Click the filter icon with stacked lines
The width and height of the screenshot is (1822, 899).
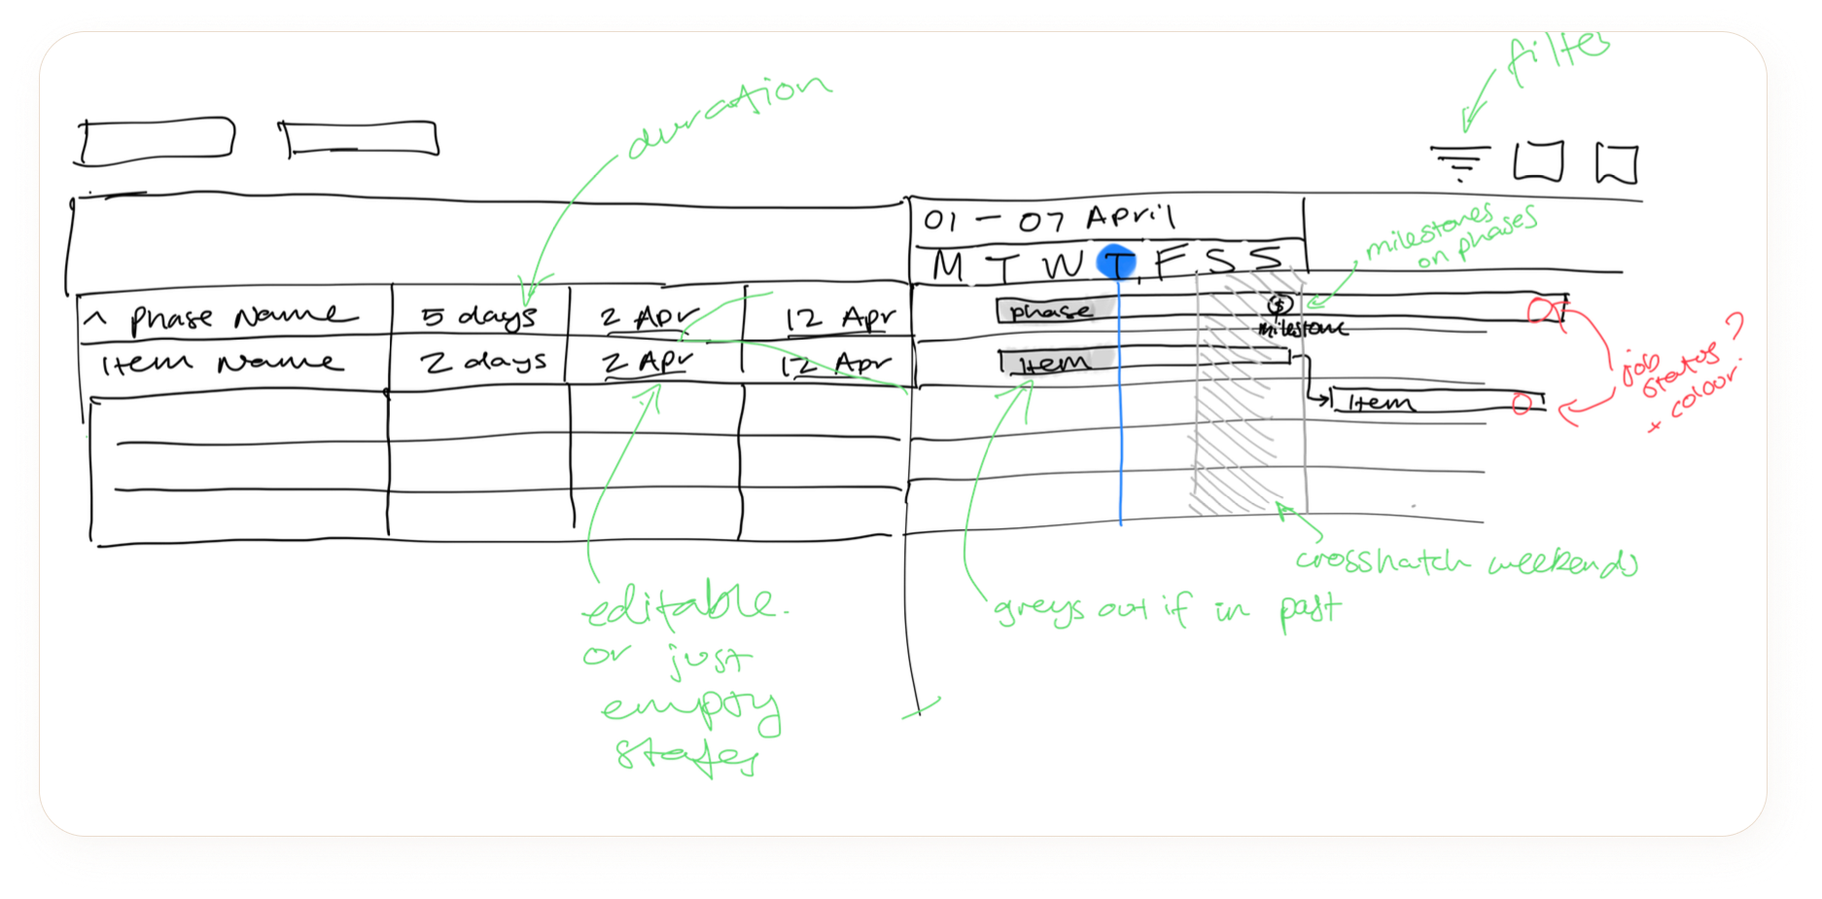1459,163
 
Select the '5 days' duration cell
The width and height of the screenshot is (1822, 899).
478,316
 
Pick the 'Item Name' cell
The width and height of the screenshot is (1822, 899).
223,364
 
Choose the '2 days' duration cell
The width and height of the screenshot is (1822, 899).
482,362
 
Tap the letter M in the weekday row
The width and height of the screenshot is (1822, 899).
949,266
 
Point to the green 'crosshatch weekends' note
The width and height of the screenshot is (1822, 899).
1464,561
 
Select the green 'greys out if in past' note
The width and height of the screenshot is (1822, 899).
1167,610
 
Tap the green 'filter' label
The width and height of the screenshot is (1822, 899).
1556,55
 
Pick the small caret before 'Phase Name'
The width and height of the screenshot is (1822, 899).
95,317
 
